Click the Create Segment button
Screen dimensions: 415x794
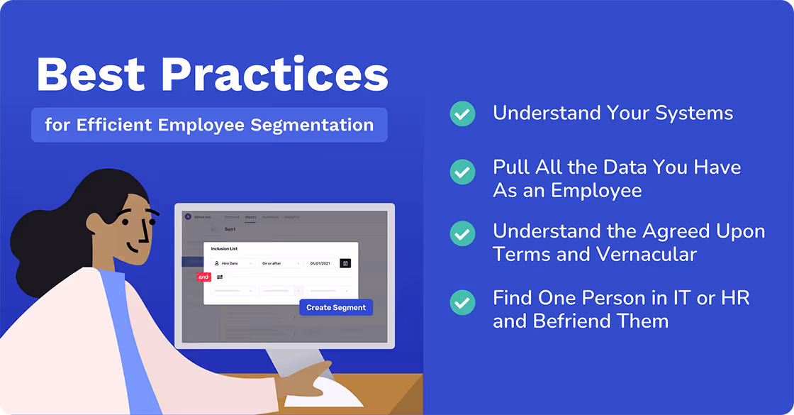click(x=336, y=308)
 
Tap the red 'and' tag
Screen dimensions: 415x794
click(x=203, y=277)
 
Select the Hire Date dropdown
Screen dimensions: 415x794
click(x=233, y=263)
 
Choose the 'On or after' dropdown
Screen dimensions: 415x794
click(x=281, y=263)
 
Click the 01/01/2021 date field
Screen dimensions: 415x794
click(x=322, y=263)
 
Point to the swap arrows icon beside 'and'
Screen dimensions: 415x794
click(x=220, y=277)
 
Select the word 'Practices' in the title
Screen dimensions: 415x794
click(x=273, y=74)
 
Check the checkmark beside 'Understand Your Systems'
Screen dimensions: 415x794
click(x=463, y=114)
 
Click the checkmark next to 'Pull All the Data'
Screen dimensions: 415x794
click(x=463, y=171)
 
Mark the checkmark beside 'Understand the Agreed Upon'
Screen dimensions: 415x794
click(x=463, y=233)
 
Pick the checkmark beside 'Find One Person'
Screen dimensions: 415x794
click(x=463, y=302)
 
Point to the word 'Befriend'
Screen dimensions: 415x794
click(x=574, y=321)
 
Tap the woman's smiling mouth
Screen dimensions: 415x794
click(x=135, y=248)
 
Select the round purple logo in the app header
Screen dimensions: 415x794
click(x=188, y=216)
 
